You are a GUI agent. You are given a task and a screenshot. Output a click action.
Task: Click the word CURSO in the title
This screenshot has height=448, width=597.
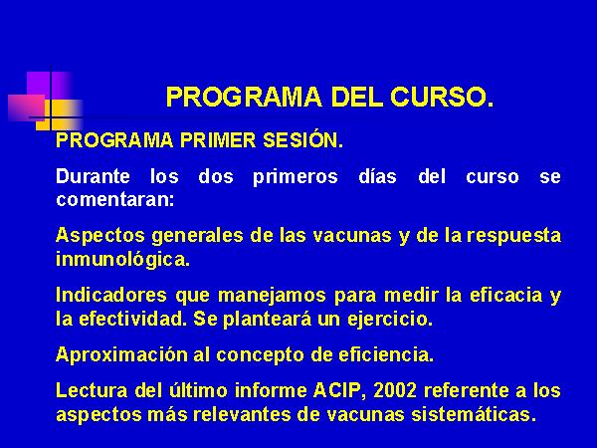click(x=442, y=97)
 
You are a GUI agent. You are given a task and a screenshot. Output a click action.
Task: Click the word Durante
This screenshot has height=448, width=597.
click(x=93, y=176)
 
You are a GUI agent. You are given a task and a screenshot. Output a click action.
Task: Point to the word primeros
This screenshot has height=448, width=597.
click(x=296, y=177)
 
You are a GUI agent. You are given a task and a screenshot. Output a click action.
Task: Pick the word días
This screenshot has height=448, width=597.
click(x=377, y=176)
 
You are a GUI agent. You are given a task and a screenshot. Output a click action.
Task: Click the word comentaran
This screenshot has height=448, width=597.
click(x=115, y=200)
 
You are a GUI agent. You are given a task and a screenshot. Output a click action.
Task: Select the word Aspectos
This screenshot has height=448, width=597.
click(x=100, y=236)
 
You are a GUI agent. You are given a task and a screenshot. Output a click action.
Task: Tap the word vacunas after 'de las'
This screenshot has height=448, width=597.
click(x=352, y=236)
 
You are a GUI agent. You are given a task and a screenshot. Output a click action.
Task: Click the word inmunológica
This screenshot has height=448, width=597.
click(x=122, y=260)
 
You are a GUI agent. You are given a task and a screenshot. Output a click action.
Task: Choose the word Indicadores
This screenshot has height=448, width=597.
click(x=111, y=295)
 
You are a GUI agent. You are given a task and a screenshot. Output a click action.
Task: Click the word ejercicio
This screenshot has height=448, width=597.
click(x=390, y=320)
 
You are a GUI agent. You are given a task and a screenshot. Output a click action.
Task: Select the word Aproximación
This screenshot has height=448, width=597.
click(x=121, y=355)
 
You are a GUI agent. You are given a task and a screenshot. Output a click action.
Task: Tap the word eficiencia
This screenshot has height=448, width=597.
click(x=386, y=354)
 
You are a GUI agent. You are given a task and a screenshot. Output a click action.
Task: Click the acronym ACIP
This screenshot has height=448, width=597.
click(x=337, y=390)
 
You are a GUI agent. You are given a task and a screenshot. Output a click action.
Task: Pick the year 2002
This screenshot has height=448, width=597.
click(x=395, y=390)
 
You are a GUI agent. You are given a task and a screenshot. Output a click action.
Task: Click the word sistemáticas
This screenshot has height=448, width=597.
click(x=474, y=414)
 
